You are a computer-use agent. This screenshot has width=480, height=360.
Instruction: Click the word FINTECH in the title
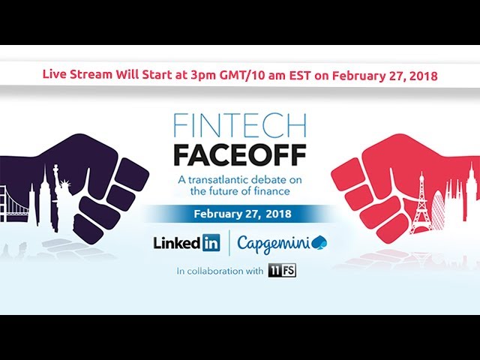point(240,126)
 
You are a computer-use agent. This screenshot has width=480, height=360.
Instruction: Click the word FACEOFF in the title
point(240,155)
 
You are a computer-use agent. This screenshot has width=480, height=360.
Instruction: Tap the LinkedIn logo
point(187,243)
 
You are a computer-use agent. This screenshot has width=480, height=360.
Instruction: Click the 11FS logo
point(282,271)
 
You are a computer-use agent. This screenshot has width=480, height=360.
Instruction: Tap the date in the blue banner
point(242,213)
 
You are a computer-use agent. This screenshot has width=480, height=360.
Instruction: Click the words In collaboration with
point(220,271)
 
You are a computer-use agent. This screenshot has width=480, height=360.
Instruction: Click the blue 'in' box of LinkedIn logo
point(211,243)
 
